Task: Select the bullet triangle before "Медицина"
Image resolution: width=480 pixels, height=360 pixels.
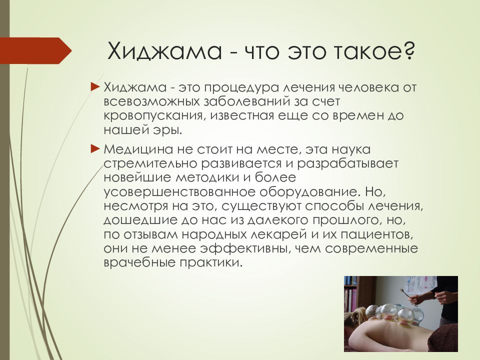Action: pyautogui.click(x=95, y=149)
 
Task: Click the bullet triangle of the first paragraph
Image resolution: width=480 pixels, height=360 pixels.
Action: pyautogui.click(x=95, y=87)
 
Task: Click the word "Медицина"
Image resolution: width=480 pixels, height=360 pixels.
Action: pyautogui.click(x=139, y=150)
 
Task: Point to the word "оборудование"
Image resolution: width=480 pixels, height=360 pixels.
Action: pyautogui.click(x=308, y=192)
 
